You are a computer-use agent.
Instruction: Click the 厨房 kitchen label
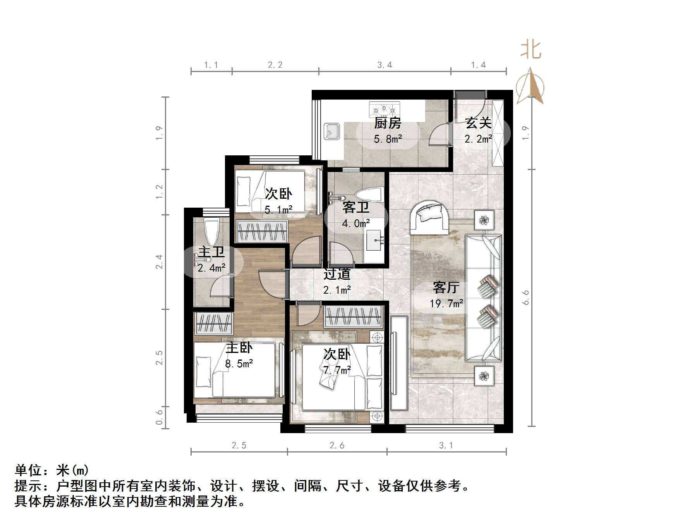388,123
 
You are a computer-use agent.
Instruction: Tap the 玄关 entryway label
479,123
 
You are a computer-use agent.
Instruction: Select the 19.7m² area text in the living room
446,303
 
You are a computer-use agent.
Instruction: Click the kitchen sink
332,132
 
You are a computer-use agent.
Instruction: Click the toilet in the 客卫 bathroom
369,196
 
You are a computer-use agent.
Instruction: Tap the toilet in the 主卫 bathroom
211,231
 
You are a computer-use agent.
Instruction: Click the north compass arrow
530,86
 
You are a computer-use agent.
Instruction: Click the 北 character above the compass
530,50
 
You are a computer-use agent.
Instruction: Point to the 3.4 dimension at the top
385,65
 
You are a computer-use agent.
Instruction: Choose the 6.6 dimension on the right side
525,298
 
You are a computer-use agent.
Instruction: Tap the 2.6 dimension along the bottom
337,446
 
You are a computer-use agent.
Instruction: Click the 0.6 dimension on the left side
159,417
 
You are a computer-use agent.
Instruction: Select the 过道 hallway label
337,274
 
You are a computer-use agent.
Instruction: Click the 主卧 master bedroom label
239,348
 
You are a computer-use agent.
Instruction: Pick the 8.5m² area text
239,364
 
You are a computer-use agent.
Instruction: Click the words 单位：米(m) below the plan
52,470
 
